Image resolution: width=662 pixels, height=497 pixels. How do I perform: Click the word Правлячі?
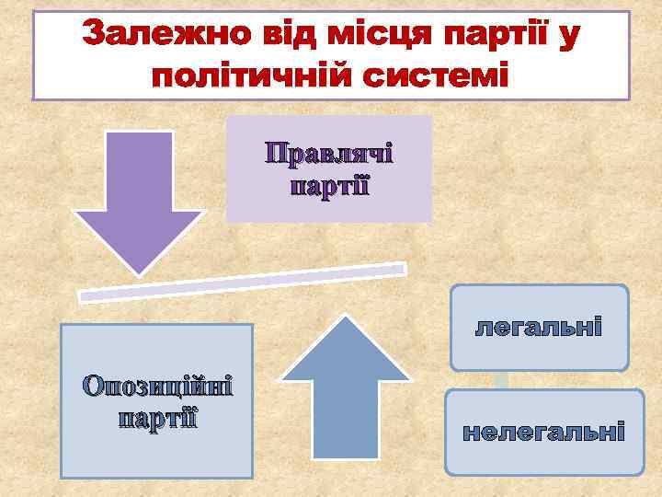(x=329, y=153)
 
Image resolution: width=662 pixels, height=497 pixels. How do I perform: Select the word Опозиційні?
(x=157, y=384)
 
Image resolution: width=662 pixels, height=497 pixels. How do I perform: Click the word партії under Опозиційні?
(x=157, y=417)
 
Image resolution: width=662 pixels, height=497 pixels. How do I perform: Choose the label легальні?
(x=538, y=326)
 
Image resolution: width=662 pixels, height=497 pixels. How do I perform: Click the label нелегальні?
(x=543, y=432)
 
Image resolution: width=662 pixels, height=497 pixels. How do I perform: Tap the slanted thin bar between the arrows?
(x=242, y=282)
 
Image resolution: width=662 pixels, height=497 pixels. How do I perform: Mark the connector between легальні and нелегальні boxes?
(x=501, y=379)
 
